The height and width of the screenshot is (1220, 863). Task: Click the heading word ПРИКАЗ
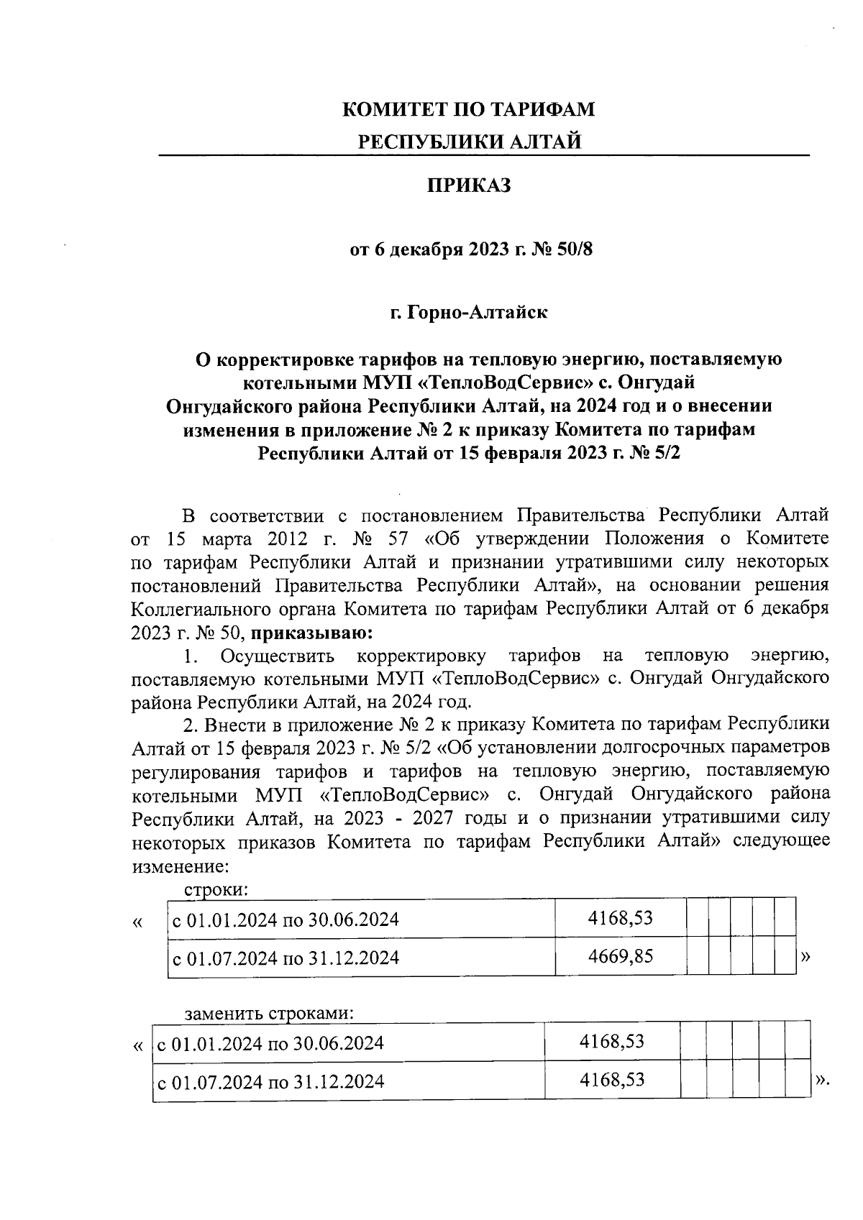(469, 186)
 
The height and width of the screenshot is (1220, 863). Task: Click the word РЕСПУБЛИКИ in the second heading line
(424, 142)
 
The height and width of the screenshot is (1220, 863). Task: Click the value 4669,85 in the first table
(620, 956)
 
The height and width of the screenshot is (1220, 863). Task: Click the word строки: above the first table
(216, 889)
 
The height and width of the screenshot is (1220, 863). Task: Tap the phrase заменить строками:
(270, 1014)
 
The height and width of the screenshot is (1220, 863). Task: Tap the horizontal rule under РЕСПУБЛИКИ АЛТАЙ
(483, 155)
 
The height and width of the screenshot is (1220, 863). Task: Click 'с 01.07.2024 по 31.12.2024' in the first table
(283, 958)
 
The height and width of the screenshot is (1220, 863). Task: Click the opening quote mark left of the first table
(138, 922)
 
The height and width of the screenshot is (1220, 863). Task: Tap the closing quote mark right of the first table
(805, 957)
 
